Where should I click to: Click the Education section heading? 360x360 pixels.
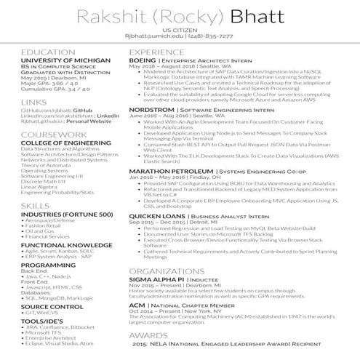point(47,53)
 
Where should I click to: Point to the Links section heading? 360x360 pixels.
point(34,103)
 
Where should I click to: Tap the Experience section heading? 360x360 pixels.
point(159,53)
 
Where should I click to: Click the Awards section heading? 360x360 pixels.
point(148,335)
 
